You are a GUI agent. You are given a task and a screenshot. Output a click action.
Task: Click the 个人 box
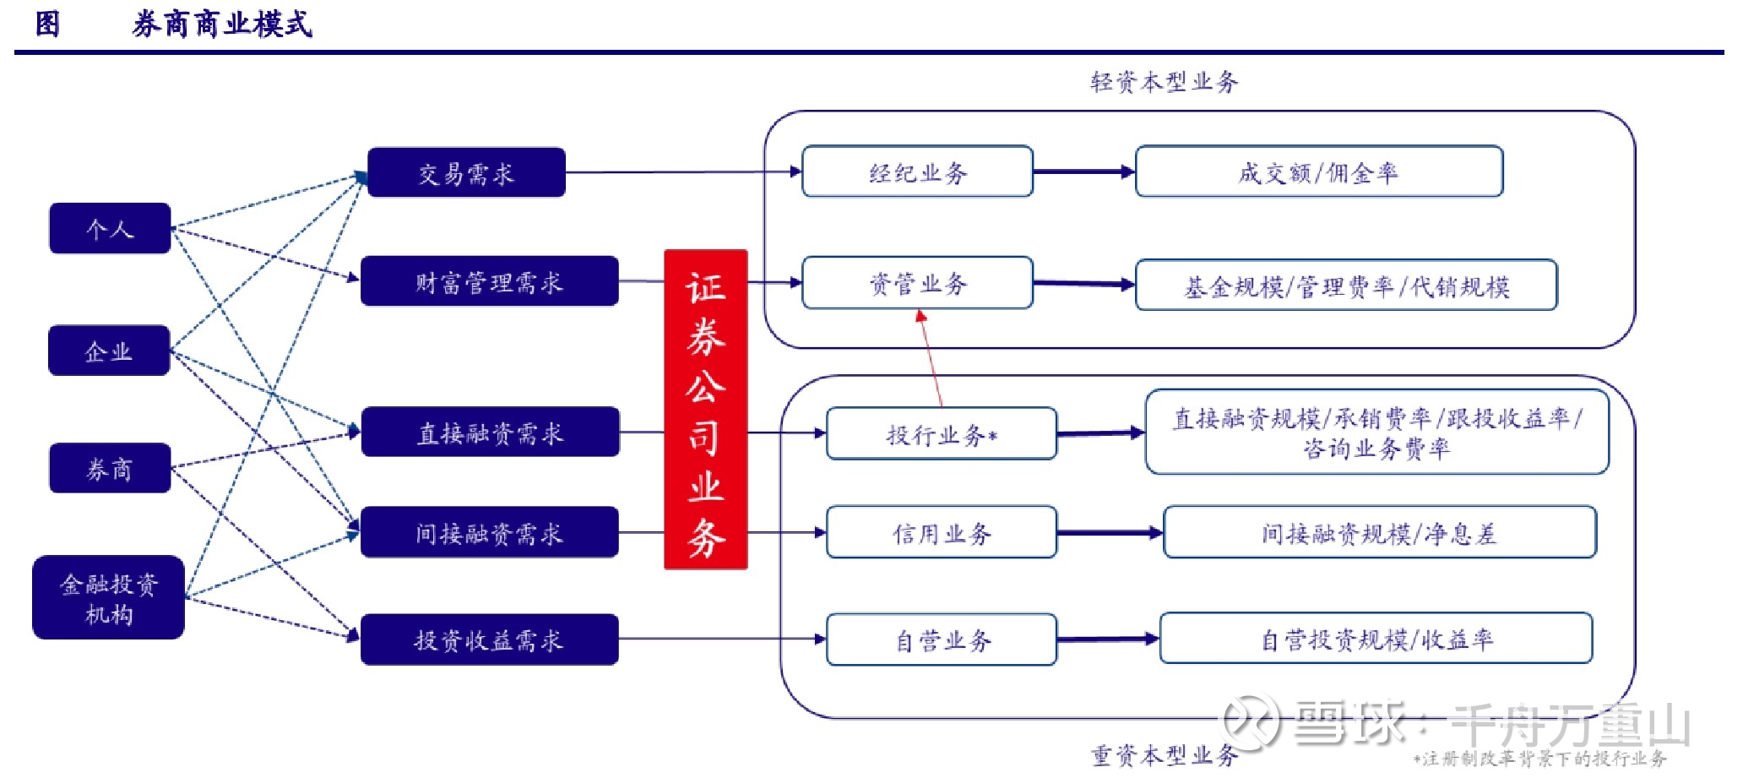110,228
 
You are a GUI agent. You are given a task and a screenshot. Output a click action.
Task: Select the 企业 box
109,351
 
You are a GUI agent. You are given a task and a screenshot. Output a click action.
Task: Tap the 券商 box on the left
110,468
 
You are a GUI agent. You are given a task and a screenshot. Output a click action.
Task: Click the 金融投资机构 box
108,597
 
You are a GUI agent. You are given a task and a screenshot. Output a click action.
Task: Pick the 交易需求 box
466,173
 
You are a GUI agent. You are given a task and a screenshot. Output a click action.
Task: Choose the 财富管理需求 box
489,281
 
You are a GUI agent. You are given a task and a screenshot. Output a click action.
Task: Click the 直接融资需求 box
490,433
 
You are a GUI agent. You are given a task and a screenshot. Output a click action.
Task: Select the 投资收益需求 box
489,639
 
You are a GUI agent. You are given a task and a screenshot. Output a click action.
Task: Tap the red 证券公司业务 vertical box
705,410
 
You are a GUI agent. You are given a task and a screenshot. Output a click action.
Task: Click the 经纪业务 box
917,172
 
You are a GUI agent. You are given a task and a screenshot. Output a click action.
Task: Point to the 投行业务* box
941,434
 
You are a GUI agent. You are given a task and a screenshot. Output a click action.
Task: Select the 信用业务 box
941,532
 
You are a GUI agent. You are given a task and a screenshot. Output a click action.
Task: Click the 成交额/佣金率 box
1318,172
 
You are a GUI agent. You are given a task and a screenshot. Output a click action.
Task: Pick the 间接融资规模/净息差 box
1379,532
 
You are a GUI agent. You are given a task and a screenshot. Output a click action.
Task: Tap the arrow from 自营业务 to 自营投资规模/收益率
1107,639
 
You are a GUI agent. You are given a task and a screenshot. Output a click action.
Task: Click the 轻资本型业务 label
1164,82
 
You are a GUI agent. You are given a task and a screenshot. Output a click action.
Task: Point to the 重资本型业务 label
1164,754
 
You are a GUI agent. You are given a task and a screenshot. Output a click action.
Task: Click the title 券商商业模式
222,24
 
